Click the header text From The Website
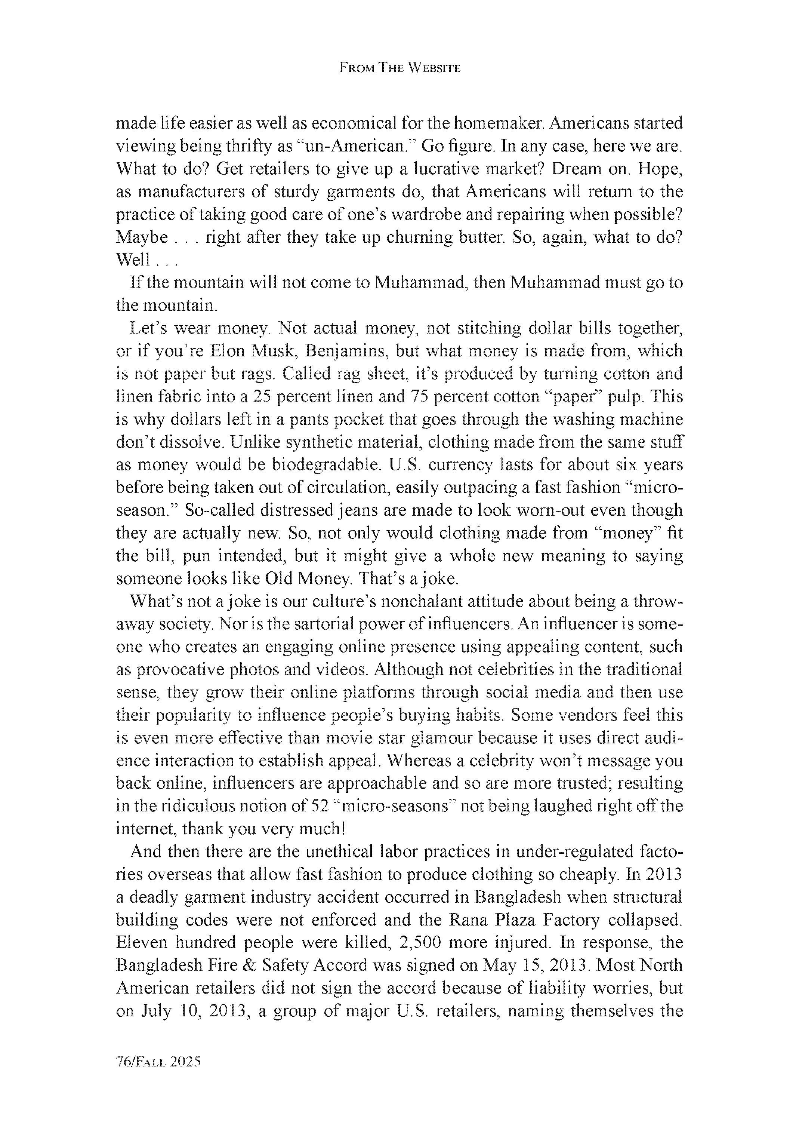pyautogui.click(x=399, y=68)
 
